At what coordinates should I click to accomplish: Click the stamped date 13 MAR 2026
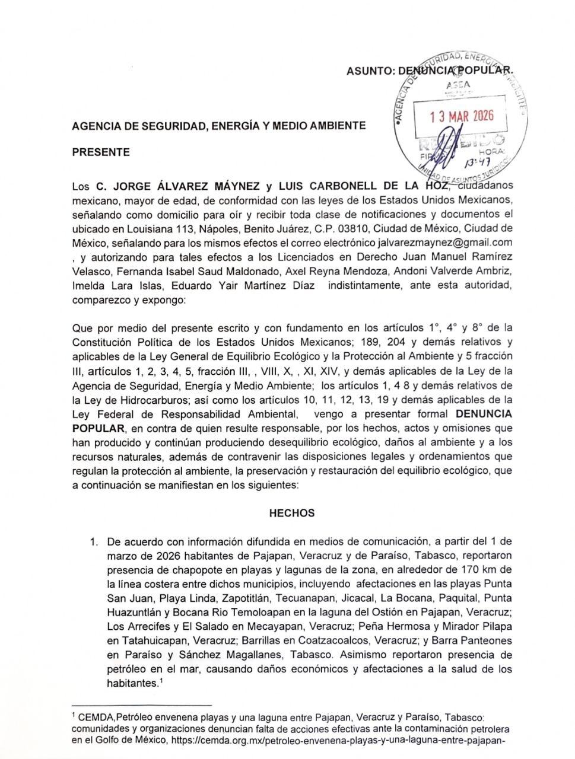pos(462,116)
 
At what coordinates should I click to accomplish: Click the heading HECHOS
pos(292,513)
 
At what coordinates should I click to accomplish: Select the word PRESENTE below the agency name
pos(100,152)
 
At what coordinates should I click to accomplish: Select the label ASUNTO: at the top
pos(371,71)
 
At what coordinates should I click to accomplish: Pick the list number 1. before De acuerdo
pos(94,541)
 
